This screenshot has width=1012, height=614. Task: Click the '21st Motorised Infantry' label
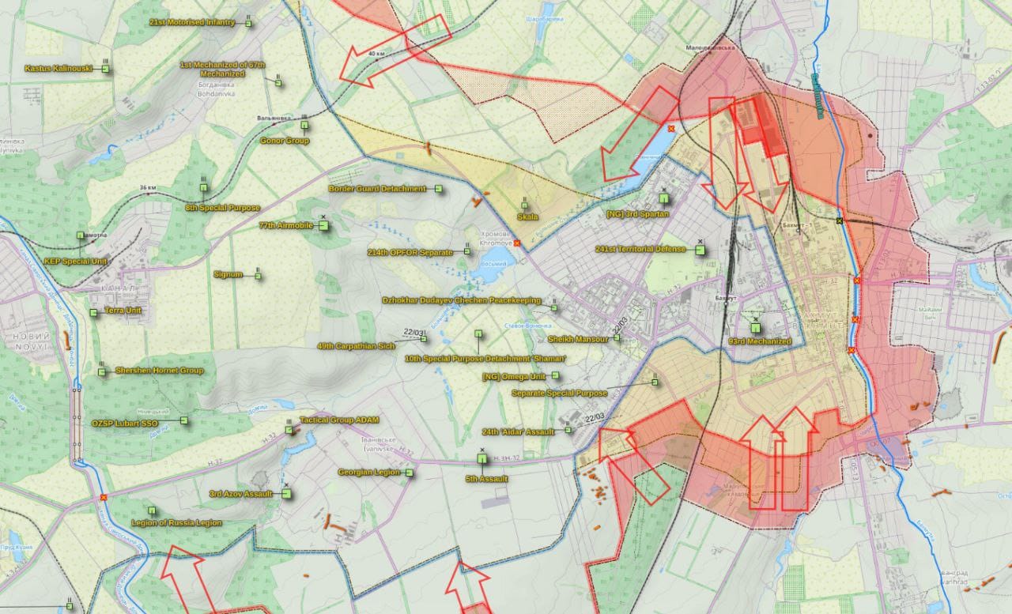[x=192, y=22]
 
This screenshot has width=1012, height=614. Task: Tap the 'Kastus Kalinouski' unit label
[x=59, y=69]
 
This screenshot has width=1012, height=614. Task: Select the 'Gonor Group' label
[x=285, y=141]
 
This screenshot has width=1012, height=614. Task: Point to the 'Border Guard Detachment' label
[x=377, y=189]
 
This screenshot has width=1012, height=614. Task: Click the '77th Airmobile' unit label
[x=285, y=225]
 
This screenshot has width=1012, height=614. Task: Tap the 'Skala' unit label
[x=527, y=217]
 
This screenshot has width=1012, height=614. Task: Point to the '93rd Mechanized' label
[x=759, y=341]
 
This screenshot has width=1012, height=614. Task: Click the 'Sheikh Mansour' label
[x=578, y=339]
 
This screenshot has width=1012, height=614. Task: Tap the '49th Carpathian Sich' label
[x=355, y=346]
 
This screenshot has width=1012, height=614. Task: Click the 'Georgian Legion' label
[x=370, y=473]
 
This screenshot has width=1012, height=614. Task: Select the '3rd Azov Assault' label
[x=240, y=494]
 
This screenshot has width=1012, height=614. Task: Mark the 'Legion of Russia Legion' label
[x=176, y=523]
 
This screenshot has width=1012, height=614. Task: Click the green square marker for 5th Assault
[x=482, y=458]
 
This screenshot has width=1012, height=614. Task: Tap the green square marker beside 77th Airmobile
[x=323, y=225]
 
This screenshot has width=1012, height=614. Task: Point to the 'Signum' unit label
[x=228, y=275]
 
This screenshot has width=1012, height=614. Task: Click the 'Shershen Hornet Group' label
[x=159, y=370]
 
